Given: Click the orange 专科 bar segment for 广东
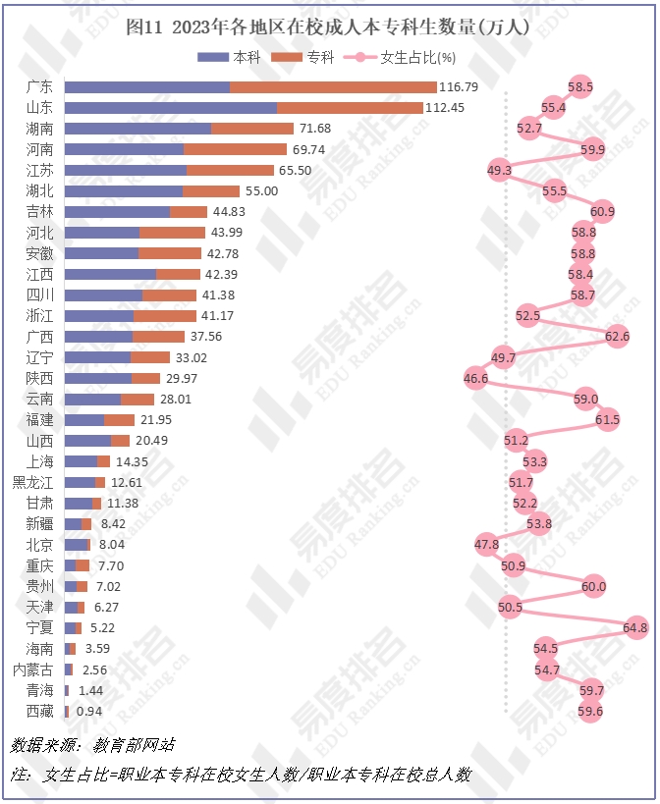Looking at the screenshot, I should pos(333,87).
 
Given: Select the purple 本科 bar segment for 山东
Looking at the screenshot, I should pos(171,108).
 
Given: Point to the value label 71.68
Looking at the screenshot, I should pos(315,129).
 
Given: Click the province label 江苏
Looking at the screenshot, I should pos(40,171).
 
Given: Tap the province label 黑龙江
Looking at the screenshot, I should pos(33,482).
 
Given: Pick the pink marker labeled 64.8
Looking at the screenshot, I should pos(635,627).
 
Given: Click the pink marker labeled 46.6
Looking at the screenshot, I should pos(476,378).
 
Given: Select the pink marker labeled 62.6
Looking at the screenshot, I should pos(617,337).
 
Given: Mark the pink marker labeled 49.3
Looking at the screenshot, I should pos(499,171).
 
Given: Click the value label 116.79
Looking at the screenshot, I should pos(459,87).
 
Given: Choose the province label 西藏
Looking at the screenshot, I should pos(40,711).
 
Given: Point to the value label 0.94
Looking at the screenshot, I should pos(89,711).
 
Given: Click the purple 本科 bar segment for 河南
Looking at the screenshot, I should pos(125,149).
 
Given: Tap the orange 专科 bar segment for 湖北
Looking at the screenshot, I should pos(211,191).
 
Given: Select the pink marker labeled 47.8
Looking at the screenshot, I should pos(486,544).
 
